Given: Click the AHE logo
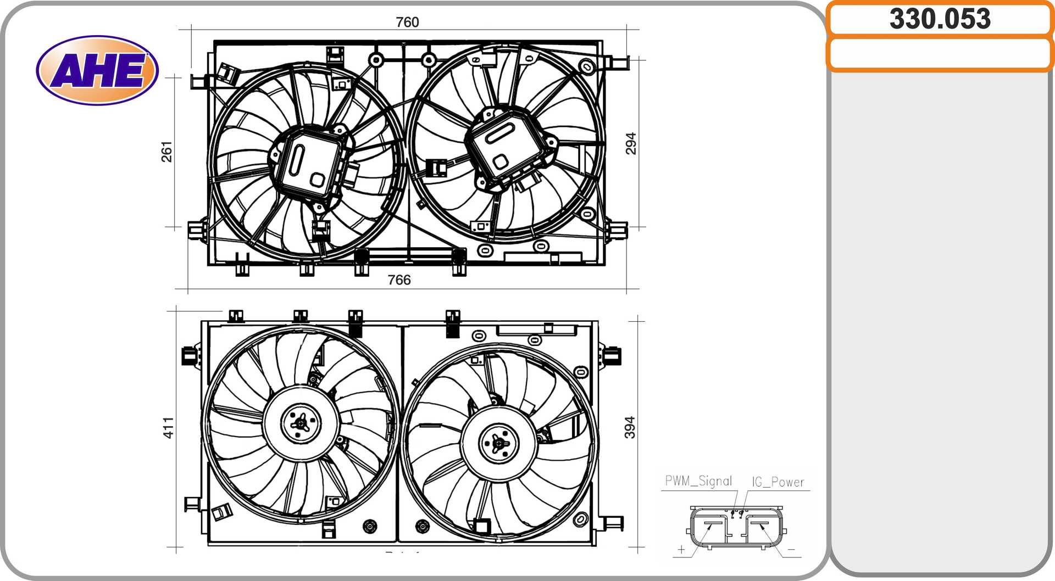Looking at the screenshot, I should [x=97, y=70].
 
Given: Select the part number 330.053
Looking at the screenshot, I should [x=940, y=19].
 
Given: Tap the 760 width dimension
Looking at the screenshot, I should [x=407, y=22].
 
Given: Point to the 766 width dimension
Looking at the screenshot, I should [x=399, y=280].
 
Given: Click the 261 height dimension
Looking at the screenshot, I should [x=166, y=152].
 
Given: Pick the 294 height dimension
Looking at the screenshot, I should [x=631, y=143].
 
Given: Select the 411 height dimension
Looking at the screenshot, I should [x=168, y=428].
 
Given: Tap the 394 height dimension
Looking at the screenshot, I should [x=630, y=427].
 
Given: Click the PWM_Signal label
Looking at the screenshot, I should [x=698, y=481].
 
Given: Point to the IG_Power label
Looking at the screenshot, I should [x=778, y=482].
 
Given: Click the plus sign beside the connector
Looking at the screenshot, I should [x=681, y=549].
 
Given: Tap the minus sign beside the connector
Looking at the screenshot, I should [x=791, y=549].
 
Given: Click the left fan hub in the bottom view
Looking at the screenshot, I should [x=301, y=423].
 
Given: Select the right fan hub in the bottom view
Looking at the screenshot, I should [x=498, y=443].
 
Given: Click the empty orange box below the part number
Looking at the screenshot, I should [x=940, y=54].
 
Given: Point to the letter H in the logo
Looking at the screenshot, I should [x=99, y=71].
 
